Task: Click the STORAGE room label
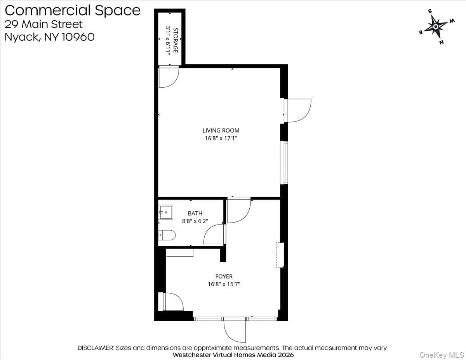pyautogui.click(x=176, y=40)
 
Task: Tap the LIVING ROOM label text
pyautogui.click(x=221, y=130)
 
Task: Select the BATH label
pyautogui.click(x=195, y=213)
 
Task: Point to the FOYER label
pyautogui.click(x=224, y=277)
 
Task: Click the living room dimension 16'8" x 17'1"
pyautogui.click(x=221, y=138)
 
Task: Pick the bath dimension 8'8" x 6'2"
pyautogui.click(x=195, y=221)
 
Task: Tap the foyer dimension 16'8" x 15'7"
pyautogui.click(x=224, y=284)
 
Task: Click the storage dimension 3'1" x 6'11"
pyautogui.click(x=168, y=41)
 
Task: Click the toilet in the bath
pyautogui.click(x=167, y=235)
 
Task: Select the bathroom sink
pyautogui.click(x=165, y=212)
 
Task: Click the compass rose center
pyautogui.click(x=436, y=27)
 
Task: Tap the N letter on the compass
pyautogui.click(x=442, y=42)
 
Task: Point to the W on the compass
pyautogui.click(x=452, y=21)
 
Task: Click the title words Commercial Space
pyautogui.click(x=73, y=10)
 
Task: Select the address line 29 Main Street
pyautogui.click(x=43, y=24)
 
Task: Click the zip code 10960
pyautogui.click(x=78, y=37)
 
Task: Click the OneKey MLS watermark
pyautogui.click(x=441, y=355)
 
